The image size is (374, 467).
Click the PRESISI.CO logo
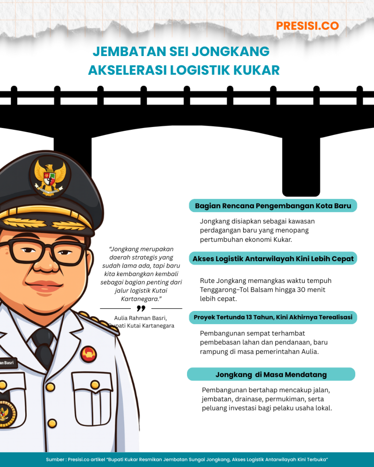[307, 26]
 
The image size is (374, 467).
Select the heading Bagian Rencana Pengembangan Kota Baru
[273, 205]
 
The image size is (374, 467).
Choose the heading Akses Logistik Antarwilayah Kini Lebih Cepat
[273, 259]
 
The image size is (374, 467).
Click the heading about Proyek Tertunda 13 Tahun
[273, 318]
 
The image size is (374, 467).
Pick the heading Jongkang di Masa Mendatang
[271, 375]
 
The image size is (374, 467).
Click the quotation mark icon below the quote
[141, 309]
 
